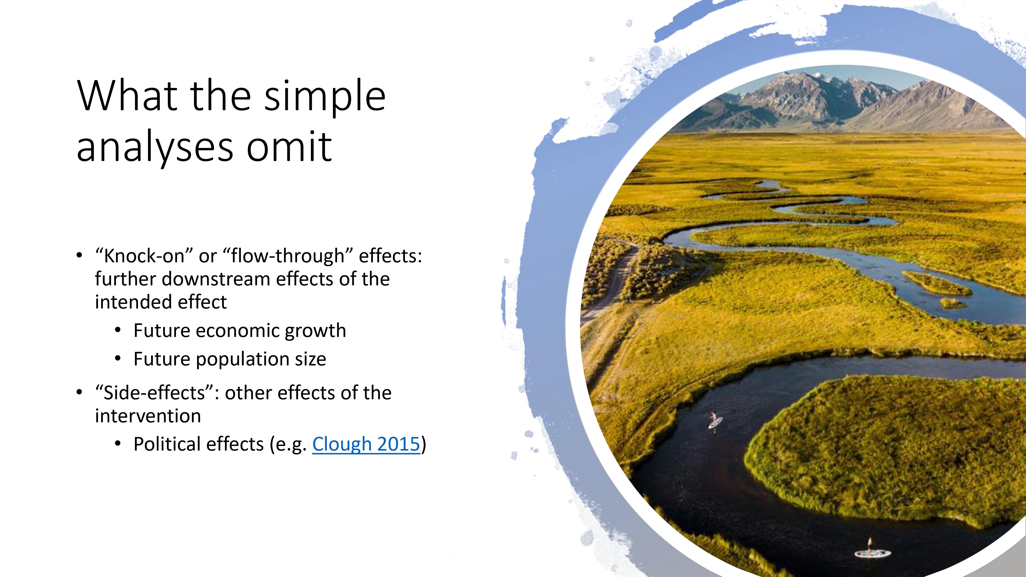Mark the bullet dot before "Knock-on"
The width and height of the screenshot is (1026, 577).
coord(79,255)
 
